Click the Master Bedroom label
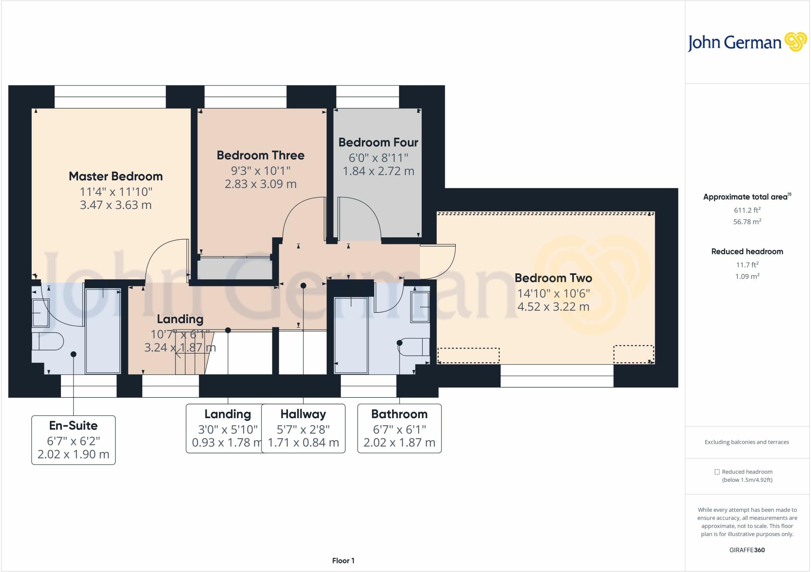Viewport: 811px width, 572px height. point(116,176)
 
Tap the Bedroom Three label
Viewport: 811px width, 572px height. point(261,155)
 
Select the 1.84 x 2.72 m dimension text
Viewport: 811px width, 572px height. point(378,171)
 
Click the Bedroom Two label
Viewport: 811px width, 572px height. point(553,278)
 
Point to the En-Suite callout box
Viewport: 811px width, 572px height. point(73,440)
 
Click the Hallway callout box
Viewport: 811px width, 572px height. point(303,428)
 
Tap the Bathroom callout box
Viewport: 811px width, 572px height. point(399,428)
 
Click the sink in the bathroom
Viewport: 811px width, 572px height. point(420,307)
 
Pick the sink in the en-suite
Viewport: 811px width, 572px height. point(40,313)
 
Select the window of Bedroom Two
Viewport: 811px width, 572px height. point(557,376)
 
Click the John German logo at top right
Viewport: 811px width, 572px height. point(747,43)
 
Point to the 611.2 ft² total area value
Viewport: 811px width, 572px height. point(747,210)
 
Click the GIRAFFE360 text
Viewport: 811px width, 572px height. point(747,550)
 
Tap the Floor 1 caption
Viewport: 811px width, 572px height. point(343,561)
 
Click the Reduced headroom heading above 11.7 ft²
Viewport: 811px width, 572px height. point(747,252)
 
